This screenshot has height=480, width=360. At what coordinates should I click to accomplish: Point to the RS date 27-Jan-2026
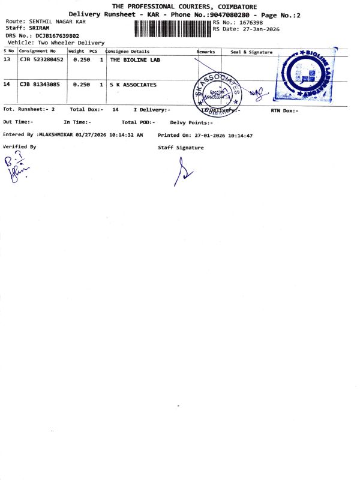point(259,29)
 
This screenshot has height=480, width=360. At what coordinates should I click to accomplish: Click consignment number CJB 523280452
point(41,60)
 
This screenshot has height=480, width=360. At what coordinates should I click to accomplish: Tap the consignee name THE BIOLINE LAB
point(135,60)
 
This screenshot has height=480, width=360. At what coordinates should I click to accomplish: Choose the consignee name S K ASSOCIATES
point(133,85)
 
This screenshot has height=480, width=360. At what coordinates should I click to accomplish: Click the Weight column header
point(76,52)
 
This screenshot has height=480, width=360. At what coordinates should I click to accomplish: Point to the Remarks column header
point(205,52)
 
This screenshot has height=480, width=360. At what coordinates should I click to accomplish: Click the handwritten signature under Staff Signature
point(183,172)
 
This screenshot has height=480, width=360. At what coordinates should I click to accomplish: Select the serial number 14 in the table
point(7,85)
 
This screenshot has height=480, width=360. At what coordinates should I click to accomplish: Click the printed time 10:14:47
point(239,136)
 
